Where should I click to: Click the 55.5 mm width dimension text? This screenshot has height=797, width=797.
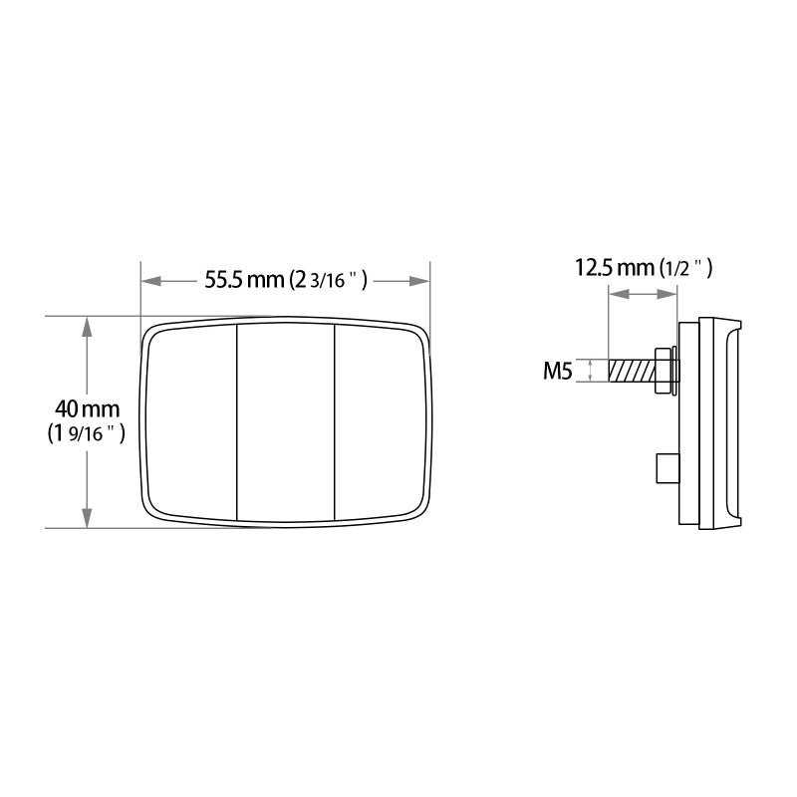[x=243, y=280]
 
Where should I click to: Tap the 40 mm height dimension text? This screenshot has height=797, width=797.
[x=87, y=408]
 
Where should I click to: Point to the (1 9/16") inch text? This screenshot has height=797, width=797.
[x=86, y=433]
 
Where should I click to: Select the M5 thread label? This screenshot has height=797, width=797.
[x=557, y=373]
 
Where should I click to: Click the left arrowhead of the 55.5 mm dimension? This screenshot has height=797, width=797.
[x=150, y=280]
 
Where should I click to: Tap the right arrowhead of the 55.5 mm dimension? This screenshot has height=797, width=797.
[x=419, y=280]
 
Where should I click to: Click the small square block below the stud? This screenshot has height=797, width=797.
[x=665, y=465]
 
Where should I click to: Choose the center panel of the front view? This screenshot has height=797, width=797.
[x=285, y=421]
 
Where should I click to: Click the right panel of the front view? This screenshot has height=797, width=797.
[x=379, y=421]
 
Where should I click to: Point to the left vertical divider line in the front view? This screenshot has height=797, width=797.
[x=236, y=421]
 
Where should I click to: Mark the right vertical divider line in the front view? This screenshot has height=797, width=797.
[x=334, y=421]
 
